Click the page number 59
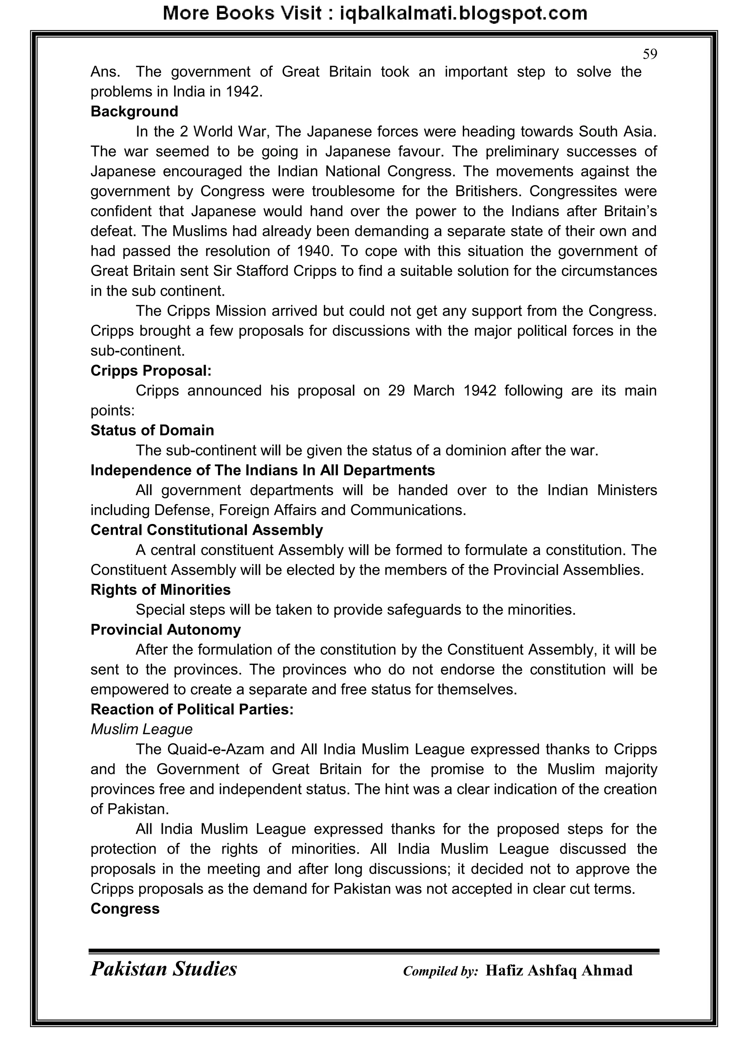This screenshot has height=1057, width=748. pos(649,54)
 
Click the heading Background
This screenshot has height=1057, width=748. pos(134,111)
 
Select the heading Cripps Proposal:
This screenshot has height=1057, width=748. pos(150,371)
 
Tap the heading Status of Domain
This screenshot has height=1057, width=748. pos(152,430)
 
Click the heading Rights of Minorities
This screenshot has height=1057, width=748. pos(160,590)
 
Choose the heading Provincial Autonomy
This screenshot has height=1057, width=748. pos(165,630)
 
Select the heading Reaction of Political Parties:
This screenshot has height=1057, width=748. pos(192,709)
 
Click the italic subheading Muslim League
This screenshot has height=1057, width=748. pos(141,729)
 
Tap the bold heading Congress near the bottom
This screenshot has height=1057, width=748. pos(125,909)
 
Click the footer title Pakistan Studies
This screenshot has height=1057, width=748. pos(164,969)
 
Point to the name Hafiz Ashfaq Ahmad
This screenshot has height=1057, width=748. pos(559,970)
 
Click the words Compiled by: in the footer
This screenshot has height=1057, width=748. pos(440,971)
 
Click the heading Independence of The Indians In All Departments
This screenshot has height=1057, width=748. pos(263,471)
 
